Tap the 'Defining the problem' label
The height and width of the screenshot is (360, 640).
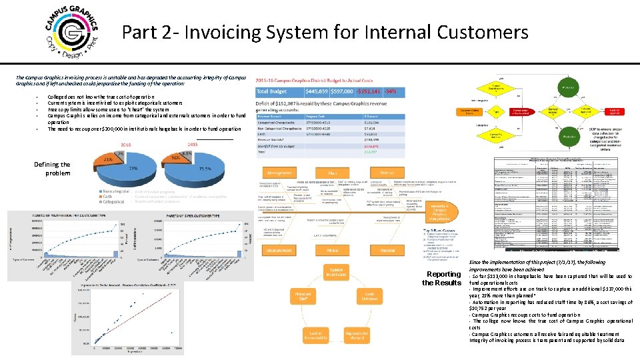click(x=51, y=169)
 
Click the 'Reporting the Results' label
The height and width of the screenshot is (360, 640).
click(x=441, y=278)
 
